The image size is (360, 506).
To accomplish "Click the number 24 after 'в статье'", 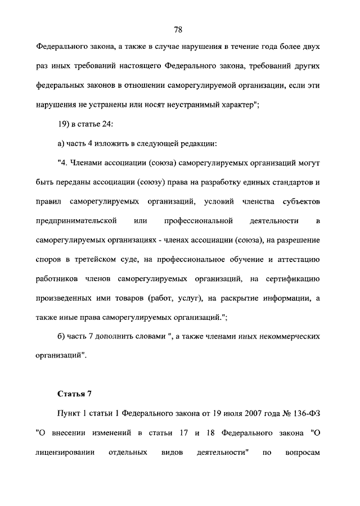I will pos(110,124).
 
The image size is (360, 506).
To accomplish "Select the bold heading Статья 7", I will pos(74,392).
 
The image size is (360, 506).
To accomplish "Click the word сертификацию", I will pos(290,279).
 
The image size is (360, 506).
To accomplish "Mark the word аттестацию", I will pos(296,259).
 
